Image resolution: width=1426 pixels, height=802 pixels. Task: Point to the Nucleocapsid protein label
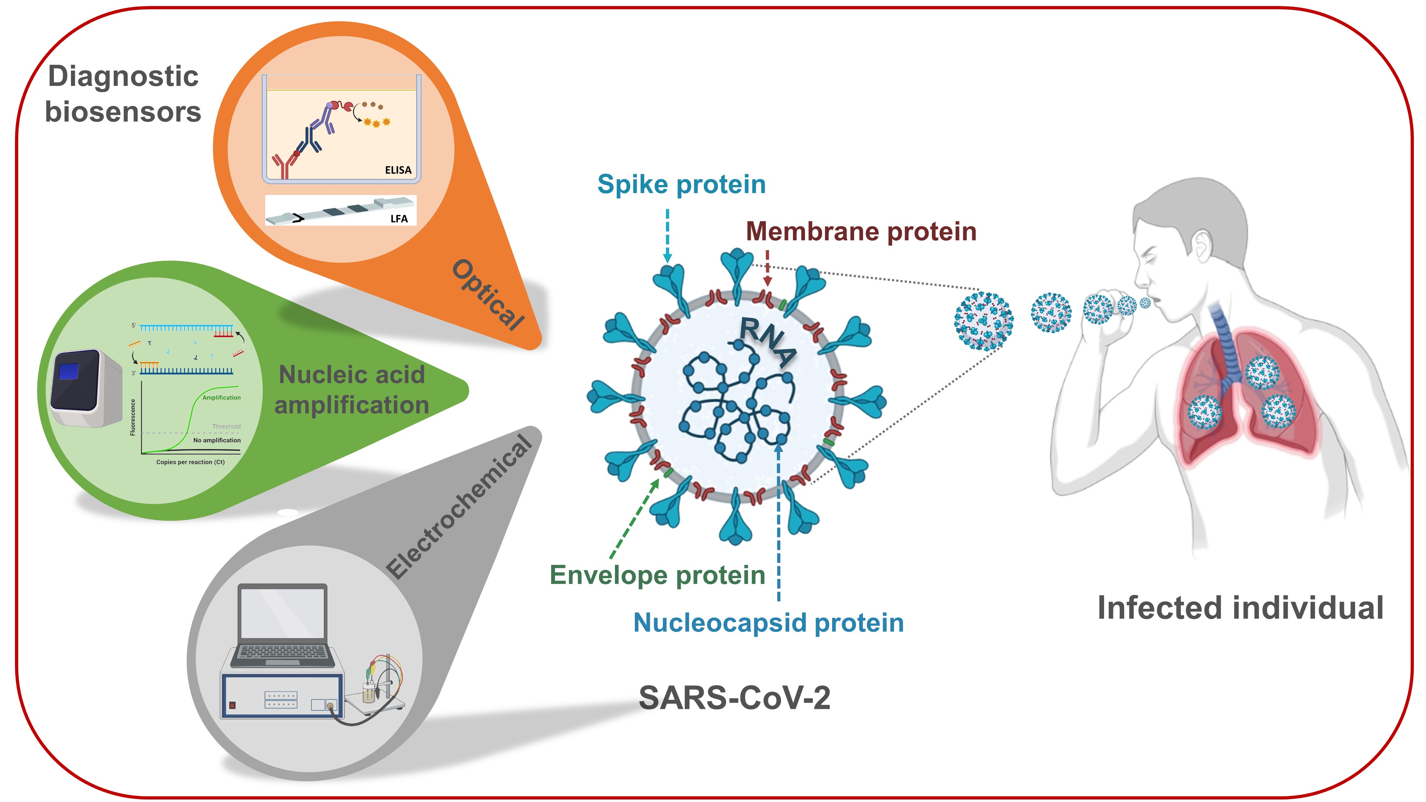768,623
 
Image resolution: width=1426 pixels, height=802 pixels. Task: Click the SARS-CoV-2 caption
735,698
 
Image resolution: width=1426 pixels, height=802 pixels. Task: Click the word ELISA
398,170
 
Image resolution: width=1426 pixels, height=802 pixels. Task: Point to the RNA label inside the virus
768,341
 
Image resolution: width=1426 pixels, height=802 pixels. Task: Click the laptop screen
282,613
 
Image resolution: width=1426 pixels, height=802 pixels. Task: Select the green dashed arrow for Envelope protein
635,518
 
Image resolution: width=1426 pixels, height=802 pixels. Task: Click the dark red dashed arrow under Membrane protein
767,268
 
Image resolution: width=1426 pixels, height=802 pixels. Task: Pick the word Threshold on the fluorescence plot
226,427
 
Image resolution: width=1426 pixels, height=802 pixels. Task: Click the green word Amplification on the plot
221,398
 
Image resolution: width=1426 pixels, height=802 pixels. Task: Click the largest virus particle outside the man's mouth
984,322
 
